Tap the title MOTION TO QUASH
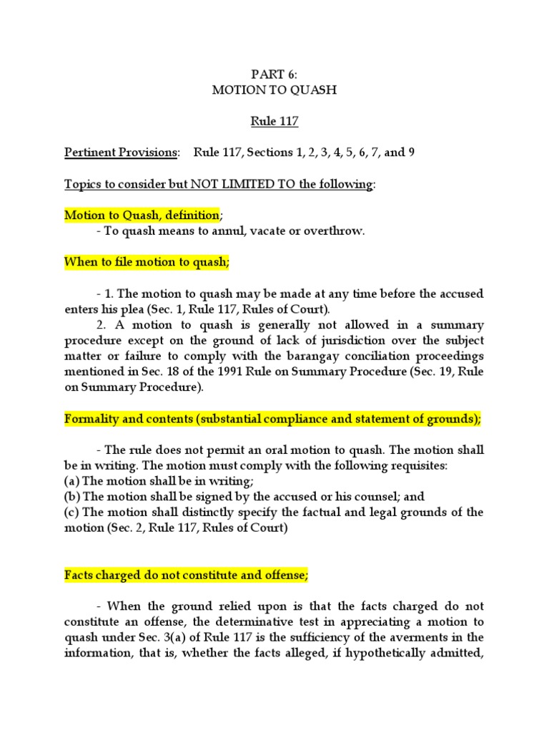coord(274,91)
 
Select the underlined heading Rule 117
coord(274,122)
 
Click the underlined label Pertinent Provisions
coord(120,152)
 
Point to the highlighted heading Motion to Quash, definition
coord(142,215)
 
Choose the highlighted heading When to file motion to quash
coord(147,262)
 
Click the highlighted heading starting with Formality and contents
coord(272,419)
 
